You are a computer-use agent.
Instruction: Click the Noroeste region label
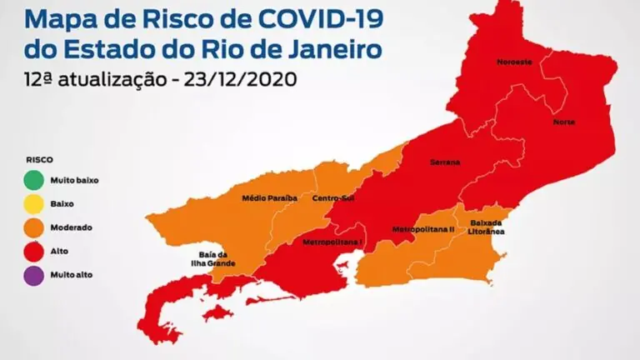(514, 62)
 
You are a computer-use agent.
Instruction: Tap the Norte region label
(564, 122)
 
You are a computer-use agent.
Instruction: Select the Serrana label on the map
(445, 162)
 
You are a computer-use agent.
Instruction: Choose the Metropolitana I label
(332, 242)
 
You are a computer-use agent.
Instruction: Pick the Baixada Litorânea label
(487, 227)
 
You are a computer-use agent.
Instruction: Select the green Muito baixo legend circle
(34, 178)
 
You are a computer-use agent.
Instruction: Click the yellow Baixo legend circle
(34, 202)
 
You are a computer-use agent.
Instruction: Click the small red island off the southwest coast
(215, 312)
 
